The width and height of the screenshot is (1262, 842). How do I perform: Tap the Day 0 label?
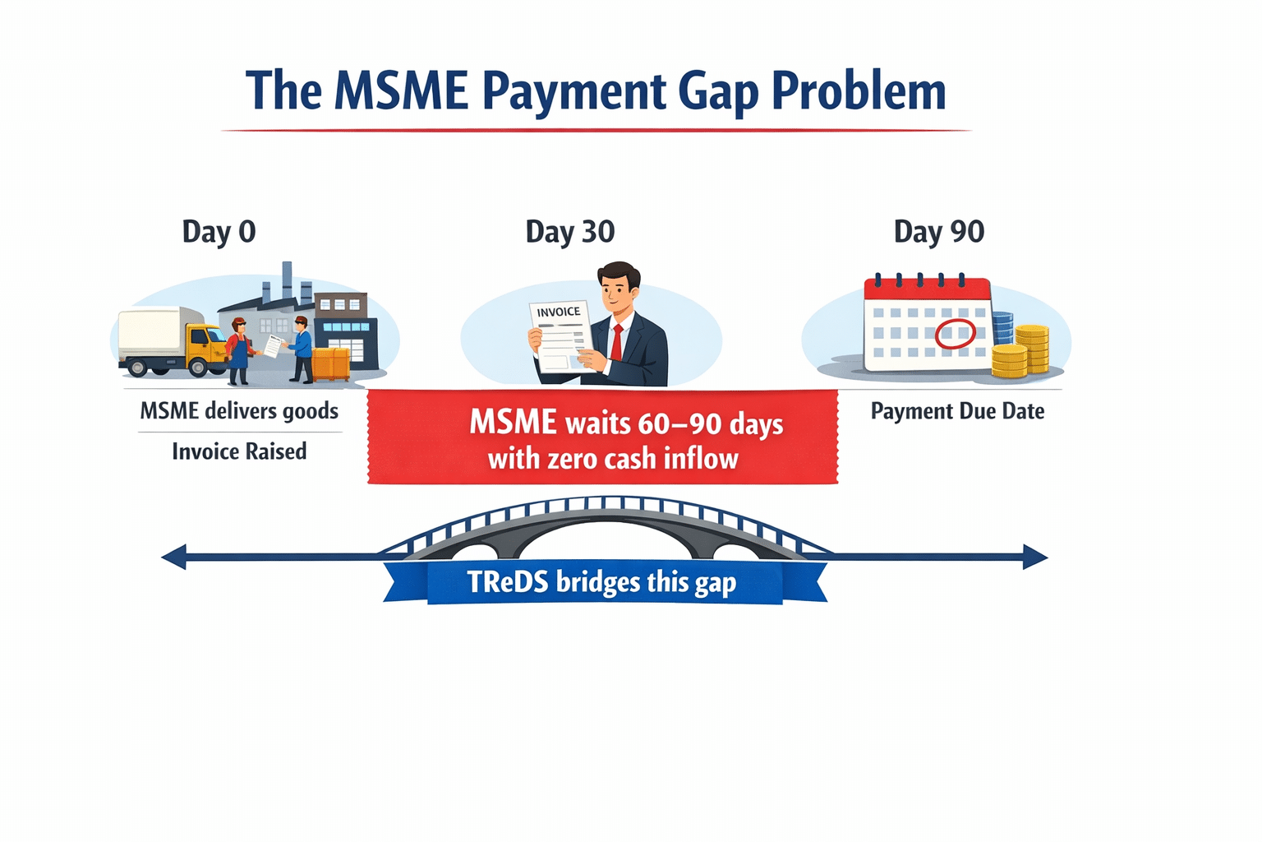pyautogui.click(x=219, y=232)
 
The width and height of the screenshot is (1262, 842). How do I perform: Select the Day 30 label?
pyautogui.click(x=569, y=232)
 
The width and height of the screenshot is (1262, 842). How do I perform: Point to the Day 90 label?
pyautogui.click(x=938, y=232)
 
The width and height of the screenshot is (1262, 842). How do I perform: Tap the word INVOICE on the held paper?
pyautogui.click(x=559, y=312)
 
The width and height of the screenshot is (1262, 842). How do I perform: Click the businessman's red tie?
pyautogui.click(x=616, y=342)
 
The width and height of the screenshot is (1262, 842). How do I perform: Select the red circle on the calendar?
pyautogui.click(x=955, y=334)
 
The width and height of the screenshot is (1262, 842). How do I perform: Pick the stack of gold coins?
pyautogui.click(x=1022, y=352)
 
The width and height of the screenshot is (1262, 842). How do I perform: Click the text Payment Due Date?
pyautogui.click(x=957, y=411)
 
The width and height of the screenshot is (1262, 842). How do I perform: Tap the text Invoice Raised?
pyautogui.click(x=239, y=451)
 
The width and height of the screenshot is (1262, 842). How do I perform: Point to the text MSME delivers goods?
pyautogui.click(x=239, y=410)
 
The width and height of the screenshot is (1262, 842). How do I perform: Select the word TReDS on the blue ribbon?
pyautogui.click(x=507, y=582)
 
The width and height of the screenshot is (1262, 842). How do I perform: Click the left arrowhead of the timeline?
pyautogui.click(x=173, y=557)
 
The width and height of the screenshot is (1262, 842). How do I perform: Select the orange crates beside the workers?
pyautogui.click(x=331, y=364)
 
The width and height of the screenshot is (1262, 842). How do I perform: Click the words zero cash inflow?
pyautogui.click(x=642, y=459)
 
